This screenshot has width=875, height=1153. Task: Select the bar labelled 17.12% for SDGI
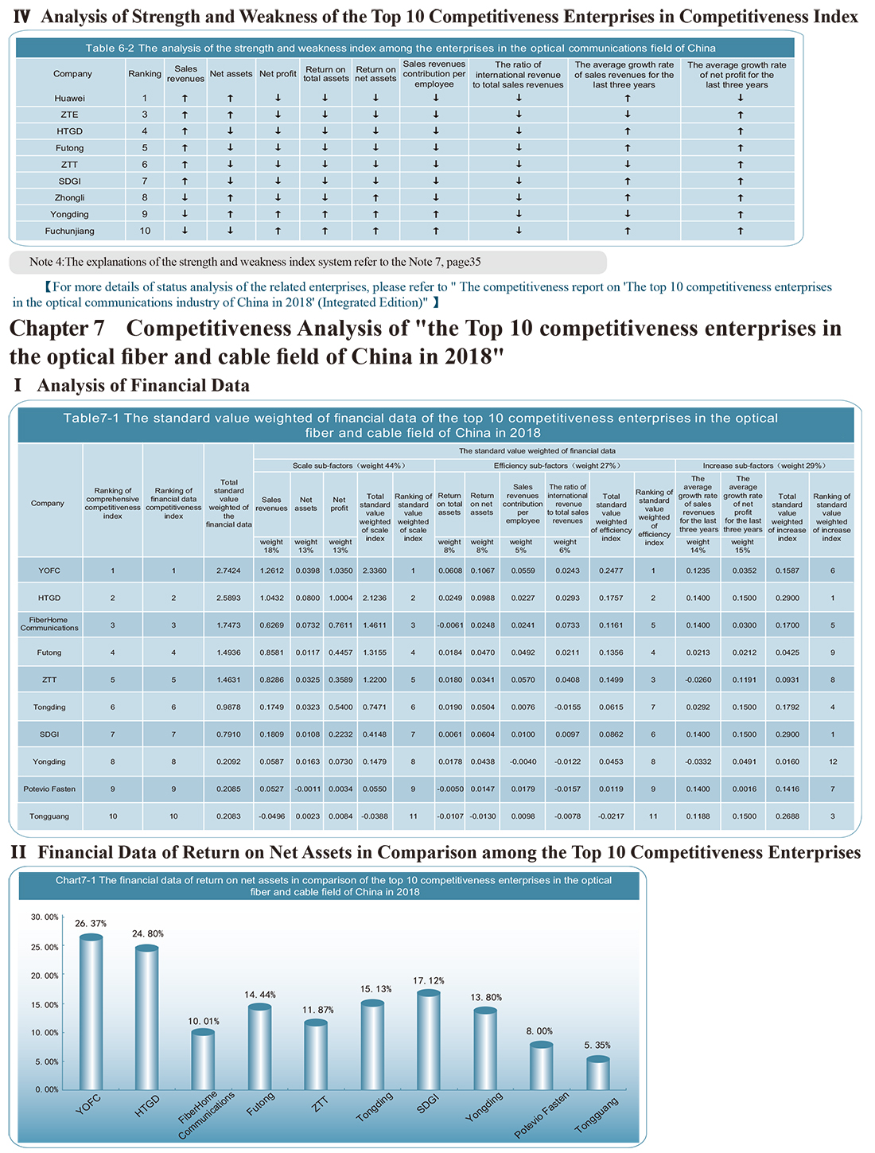click(x=428, y=1039)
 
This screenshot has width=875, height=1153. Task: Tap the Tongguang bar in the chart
click(x=598, y=1073)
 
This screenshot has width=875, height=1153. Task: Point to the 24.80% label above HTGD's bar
click(x=147, y=933)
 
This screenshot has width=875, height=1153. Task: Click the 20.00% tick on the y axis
click(x=45, y=975)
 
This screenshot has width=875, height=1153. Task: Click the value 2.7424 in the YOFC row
click(x=228, y=571)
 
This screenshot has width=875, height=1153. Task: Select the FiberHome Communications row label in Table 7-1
click(x=49, y=624)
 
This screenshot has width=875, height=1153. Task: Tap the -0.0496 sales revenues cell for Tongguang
click(x=271, y=816)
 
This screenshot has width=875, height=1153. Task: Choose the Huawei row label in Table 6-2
click(x=69, y=98)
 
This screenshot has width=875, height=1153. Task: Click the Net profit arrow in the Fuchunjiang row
click(x=278, y=231)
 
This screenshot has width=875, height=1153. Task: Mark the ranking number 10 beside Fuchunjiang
click(x=145, y=231)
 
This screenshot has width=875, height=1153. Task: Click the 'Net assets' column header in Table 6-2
click(x=231, y=74)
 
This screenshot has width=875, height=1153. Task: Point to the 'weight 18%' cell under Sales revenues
click(x=271, y=546)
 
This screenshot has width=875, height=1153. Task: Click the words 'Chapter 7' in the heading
click(x=57, y=329)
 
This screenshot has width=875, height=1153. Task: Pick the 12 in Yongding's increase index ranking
click(x=833, y=762)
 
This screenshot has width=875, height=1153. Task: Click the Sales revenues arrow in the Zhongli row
click(x=185, y=198)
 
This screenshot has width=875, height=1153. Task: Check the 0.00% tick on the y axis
click(x=47, y=1089)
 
